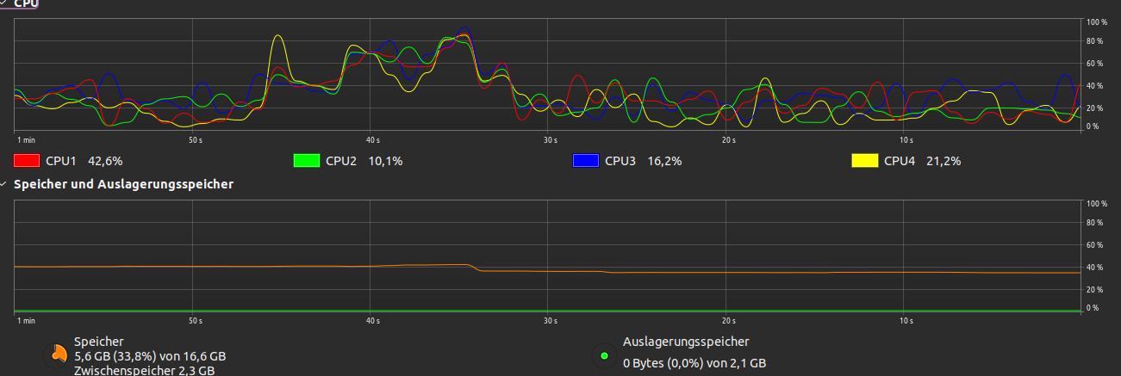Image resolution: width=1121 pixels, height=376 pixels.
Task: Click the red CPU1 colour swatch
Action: [27, 160]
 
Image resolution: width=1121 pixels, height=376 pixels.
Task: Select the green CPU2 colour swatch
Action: [306, 160]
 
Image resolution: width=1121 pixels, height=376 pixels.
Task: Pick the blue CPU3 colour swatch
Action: [586, 160]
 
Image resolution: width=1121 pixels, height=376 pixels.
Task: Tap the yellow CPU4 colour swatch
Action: [865, 160]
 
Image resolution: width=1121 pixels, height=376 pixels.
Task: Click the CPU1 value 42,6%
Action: [106, 160]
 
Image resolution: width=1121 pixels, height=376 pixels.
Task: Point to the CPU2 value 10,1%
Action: [385, 160]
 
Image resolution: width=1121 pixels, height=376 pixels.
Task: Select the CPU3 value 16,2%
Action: [664, 160]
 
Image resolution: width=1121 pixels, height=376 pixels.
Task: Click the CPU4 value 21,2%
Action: [944, 160]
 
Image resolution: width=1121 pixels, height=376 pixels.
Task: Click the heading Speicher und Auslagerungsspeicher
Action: [124, 184]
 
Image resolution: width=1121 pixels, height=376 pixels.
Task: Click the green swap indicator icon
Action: [604, 355]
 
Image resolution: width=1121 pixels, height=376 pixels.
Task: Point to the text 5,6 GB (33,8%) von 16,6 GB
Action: [150, 356]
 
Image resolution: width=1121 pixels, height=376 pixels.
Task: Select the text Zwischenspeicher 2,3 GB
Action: [144, 371]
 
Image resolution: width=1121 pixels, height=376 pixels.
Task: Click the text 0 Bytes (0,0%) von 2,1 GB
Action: [694, 363]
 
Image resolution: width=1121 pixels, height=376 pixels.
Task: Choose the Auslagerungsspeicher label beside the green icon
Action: [686, 342]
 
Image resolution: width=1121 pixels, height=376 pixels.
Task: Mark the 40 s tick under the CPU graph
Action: [372, 139]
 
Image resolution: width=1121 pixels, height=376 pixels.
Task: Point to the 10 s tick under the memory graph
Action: [906, 321]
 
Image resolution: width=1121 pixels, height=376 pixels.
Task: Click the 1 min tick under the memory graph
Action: [26, 321]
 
